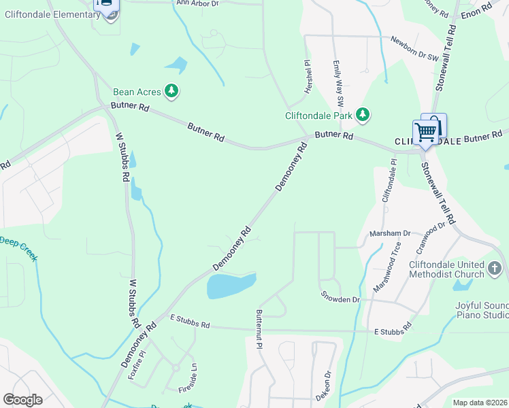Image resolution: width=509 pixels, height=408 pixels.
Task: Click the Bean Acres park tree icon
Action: pyautogui.click(x=171, y=91)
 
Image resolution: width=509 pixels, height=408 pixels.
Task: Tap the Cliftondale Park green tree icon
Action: pyautogui.click(x=363, y=115)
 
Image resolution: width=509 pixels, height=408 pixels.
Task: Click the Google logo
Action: pyautogui.click(x=22, y=399)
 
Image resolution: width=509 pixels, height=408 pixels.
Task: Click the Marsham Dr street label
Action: pyautogui.click(x=390, y=233)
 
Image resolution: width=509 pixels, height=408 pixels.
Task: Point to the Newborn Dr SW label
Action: pyautogui.click(x=414, y=49)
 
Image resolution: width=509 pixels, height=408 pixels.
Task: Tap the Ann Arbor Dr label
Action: pyautogui.click(x=198, y=3)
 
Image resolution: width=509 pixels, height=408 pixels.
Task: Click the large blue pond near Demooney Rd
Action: pyautogui.click(x=231, y=286)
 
